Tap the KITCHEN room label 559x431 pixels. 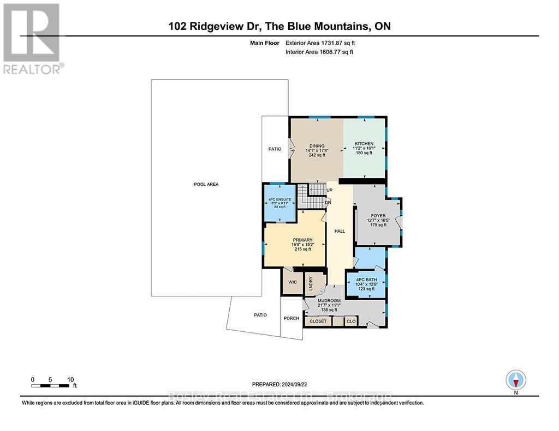point(364,144)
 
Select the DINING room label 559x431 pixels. point(317,146)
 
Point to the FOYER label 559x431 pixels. point(378,216)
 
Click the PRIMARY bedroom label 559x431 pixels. point(302,240)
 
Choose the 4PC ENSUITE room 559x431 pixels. point(280,200)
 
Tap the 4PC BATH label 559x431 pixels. point(366,280)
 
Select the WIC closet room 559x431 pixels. point(292,282)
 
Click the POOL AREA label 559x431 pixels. point(206,184)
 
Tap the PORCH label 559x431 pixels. point(292,318)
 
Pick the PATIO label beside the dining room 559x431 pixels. point(275,149)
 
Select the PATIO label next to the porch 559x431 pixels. point(260,315)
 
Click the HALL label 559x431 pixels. point(340,231)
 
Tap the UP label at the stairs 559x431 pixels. point(329,190)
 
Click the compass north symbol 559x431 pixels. point(515,379)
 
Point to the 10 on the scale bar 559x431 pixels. point(70,379)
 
